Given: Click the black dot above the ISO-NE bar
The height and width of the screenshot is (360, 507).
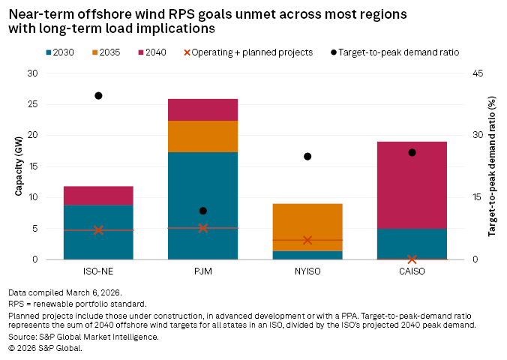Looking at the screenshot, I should (98, 96).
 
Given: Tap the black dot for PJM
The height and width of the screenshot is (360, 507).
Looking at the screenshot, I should (203, 211).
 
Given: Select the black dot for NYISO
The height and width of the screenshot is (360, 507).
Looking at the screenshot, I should (307, 157).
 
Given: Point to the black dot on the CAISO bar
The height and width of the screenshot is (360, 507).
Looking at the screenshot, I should (412, 152).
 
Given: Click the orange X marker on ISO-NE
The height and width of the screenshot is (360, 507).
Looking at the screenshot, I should (98, 230).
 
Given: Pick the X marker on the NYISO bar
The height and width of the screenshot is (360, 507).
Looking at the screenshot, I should (307, 240).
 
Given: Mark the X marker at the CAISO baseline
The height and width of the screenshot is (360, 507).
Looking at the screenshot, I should (412, 259).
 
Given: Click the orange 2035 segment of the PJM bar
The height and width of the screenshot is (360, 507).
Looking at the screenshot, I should (203, 136).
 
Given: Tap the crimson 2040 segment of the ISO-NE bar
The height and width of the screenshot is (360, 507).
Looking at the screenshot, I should (98, 196).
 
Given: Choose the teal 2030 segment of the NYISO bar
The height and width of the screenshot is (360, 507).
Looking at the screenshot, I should (307, 255).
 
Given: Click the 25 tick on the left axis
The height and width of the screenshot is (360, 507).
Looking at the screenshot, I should (31, 104).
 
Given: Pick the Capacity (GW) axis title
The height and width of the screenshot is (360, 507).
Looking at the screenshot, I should (19, 166).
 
